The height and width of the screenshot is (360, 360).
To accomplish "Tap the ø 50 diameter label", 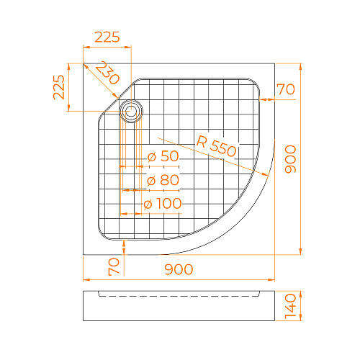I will pyautogui.click(x=163, y=156).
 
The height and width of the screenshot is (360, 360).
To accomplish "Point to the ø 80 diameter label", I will pyautogui.click(x=163, y=180).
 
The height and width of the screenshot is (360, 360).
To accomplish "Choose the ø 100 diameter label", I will pyautogui.click(x=163, y=204).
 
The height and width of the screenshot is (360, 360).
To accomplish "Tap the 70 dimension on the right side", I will pyautogui.click(x=286, y=90).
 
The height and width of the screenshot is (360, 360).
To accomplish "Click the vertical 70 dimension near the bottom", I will pyautogui.click(x=113, y=267).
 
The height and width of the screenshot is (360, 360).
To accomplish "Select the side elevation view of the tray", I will pyautogui.click(x=180, y=306).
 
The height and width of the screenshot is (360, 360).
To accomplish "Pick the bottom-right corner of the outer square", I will pyautogui.click(x=276, y=255).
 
